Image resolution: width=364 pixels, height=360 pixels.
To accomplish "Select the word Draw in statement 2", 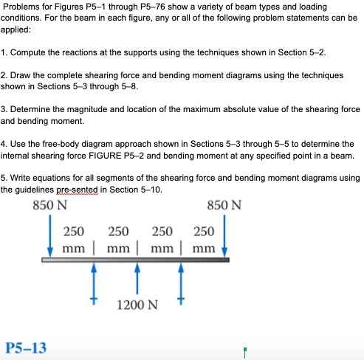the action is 23,76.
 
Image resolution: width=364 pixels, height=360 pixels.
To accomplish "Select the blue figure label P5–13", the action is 25,347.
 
